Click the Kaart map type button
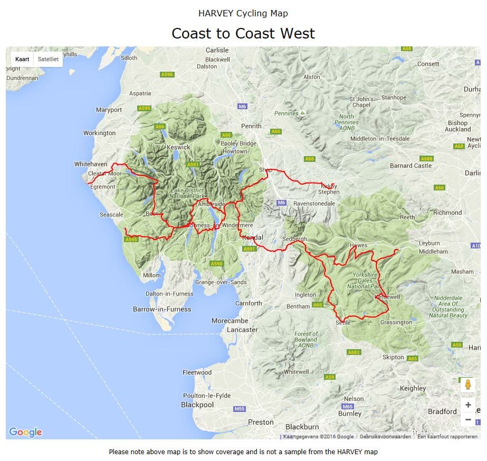(x=22, y=60)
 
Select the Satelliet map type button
(x=48, y=60)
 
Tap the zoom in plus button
(x=468, y=405)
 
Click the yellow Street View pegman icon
(x=468, y=385)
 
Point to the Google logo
(x=25, y=433)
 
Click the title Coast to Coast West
(x=243, y=34)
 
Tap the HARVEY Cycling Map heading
(x=243, y=13)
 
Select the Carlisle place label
(x=217, y=50)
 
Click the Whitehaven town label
(x=91, y=164)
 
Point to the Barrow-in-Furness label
(x=162, y=309)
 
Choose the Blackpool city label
(x=197, y=405)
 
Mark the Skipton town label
(x=393, y=357)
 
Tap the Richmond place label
(x=447, y=213)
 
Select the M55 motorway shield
(x=240, y=409)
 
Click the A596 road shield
(x=167, y=74)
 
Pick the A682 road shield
(x=354, y=352)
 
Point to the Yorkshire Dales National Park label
(x=365, y=281)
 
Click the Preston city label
(x=261, y=422)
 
